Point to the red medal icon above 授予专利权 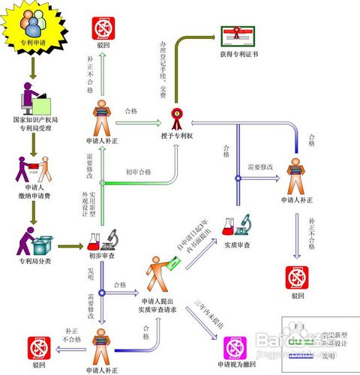click(178, 117)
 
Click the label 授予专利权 click(178, 135)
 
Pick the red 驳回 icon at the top click(103, 28)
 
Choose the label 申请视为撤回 click(235, 365)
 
